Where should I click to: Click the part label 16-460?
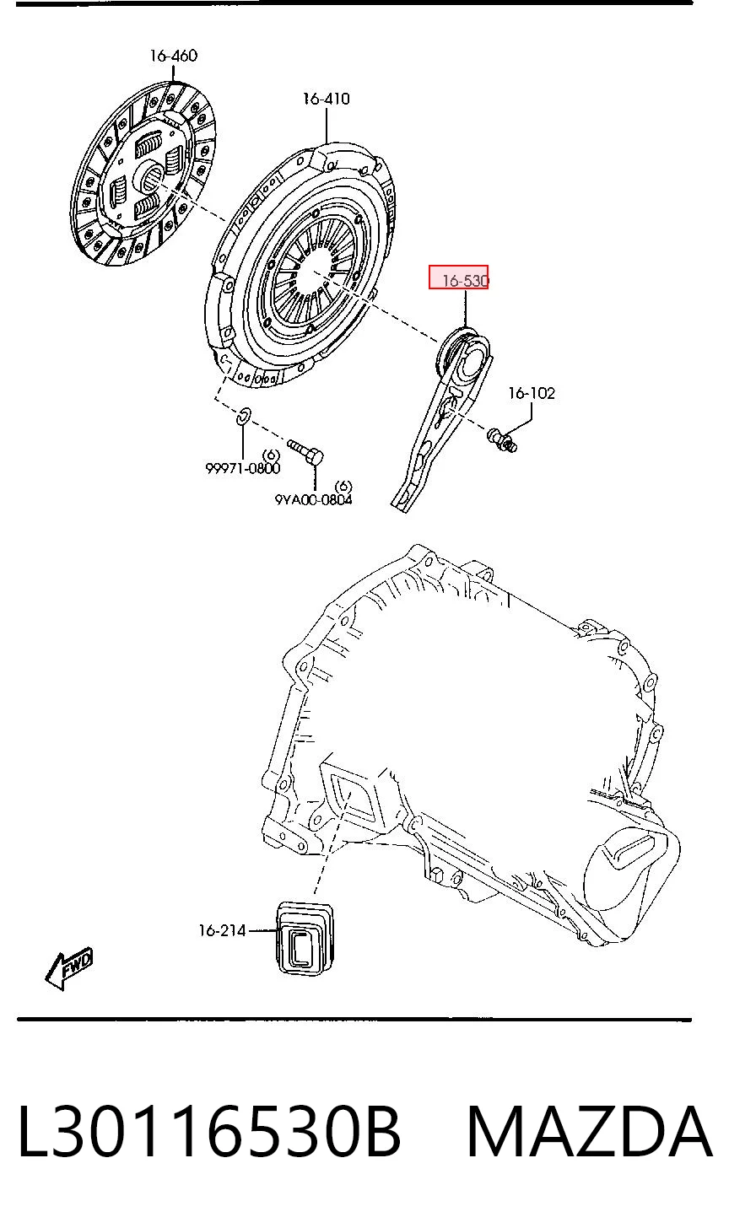click(x=173, y=56)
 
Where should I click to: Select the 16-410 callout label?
click(x=327, y=99)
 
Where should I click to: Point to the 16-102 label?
click(x=532, y=393)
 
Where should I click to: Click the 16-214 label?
click(x=222, y=930)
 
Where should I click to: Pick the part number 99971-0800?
click(x=242, y=467)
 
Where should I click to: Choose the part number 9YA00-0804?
click(x=313, y=499)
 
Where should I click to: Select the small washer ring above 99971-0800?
click(x=243, y=416)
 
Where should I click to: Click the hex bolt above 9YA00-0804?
click(x=305, y=451)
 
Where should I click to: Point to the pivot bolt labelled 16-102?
click(x=501, y=439)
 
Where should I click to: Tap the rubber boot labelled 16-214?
click(x=305, y=938)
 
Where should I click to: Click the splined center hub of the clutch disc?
click(x=152, y=175)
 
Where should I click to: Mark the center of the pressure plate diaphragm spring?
click(x=314, y=272)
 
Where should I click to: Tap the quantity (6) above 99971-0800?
click(x=271, y=455)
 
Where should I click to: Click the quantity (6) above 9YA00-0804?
click(x=343, y=487)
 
